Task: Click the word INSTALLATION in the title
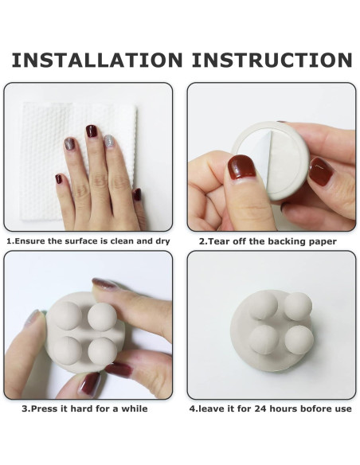[x=97, y=60]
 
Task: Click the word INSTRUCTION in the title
[x=272, y=60]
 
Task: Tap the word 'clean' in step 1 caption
[x=122, y=241]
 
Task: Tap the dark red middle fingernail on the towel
[x=92, y=131]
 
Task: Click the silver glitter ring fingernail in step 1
[x=109, y=141]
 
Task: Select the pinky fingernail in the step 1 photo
[x=59, y=178]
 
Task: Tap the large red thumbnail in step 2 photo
[x=241, y=166]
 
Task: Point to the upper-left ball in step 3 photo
[x=67, y=315]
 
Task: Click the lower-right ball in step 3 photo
[x=102, y=351]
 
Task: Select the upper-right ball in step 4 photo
[x=298, y=307]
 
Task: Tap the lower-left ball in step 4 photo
[x=264, y=340]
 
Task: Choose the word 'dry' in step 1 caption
[x=162, y=241]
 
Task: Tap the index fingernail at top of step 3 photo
[x=104, y=283]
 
